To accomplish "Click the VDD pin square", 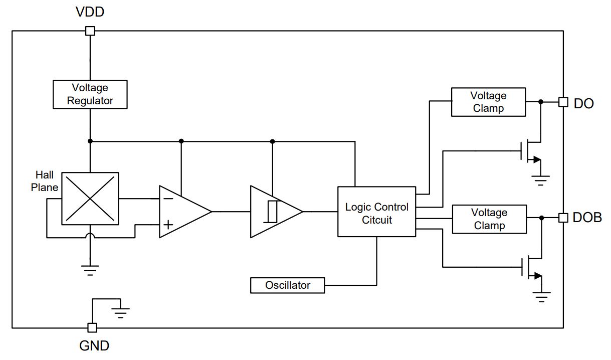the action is (x=90, y=31).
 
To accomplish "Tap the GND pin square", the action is (x=92, y=327).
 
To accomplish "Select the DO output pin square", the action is (x=563, y=102).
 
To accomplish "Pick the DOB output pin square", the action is (x=563, y=218).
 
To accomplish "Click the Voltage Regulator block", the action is (x=90, y=94).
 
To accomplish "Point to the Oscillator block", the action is (x=288, y=285).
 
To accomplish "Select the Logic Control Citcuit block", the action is (x=377, y=212).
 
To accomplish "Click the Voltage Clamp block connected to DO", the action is (x=489, y=102).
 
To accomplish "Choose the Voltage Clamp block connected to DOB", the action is (x=489, y=219).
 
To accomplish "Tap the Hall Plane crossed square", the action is (x=90, y=199).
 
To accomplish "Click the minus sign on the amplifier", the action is (x=168, y=199).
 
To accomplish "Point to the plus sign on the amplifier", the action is (x=168, y=225).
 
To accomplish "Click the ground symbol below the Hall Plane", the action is (x=90, y=270).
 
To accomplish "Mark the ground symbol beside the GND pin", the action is (x=120, y=313).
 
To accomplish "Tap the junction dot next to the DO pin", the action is (x=541, y=102).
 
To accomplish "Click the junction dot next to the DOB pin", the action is (x=541, y=218).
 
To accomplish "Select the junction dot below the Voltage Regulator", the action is (x=90, y=141).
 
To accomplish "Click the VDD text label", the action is (x=90, y=12).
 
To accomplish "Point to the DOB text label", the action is (x=587, y=218).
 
